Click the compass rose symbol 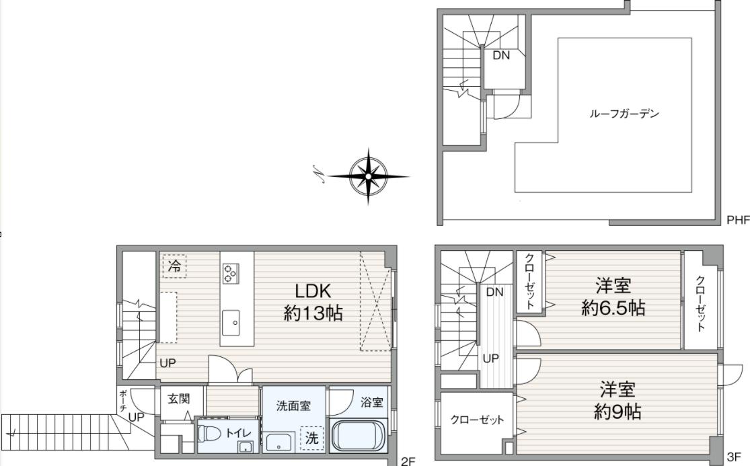click(368, 176)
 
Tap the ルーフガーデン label click(624, 114)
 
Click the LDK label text click(313, 290)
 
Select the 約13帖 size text click(313, 313)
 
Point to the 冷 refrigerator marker click(175, 266)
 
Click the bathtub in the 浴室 click(358, 436)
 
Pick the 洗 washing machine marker click(312, 438)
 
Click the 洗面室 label click(293, 405)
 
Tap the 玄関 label click(178, 398)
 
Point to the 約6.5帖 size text click(613, 307)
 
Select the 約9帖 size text click(617, 411)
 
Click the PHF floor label click(738, 220)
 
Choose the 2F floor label click(408, 461)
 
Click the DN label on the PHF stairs click(501, 55)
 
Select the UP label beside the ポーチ click(137, 418)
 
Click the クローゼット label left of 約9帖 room click(477, 420)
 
